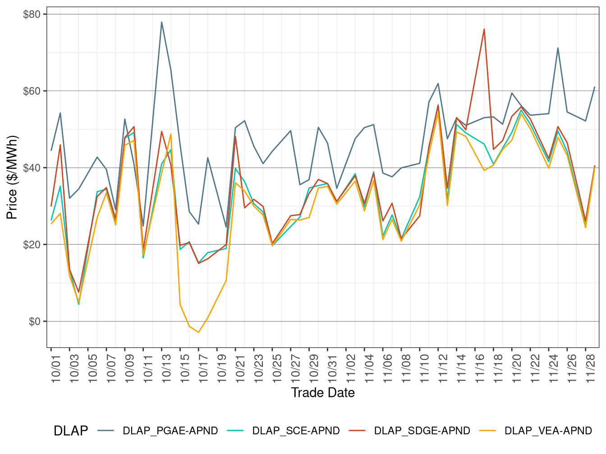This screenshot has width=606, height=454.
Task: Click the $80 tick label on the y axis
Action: coord(32,14)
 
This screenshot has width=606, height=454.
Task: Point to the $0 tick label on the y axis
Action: coord(34,322)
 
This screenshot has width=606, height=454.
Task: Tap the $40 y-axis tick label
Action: coord(32,168)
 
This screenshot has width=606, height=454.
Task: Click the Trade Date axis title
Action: coord(323,393)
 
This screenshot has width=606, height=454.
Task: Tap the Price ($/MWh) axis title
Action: coord(12,177)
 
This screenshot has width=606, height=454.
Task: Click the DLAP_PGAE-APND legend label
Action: coord(170,431)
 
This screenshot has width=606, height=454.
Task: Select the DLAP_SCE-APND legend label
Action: coord(296,431)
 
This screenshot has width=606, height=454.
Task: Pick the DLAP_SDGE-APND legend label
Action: coord(422,431)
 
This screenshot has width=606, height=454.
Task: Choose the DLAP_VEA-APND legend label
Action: coord(548,431)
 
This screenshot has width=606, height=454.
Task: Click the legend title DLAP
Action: coord(70,431)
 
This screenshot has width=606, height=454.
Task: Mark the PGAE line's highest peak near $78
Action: coord(161,22)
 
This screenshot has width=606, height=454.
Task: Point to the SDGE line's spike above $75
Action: coord(484,29)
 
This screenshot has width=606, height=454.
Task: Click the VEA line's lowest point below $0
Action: coord(198,332)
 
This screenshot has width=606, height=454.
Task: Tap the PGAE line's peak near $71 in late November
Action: coord(558,48)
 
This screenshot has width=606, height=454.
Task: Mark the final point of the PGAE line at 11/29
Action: coord(595,87)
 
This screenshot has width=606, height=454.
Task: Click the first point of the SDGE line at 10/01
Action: coord(51,206)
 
